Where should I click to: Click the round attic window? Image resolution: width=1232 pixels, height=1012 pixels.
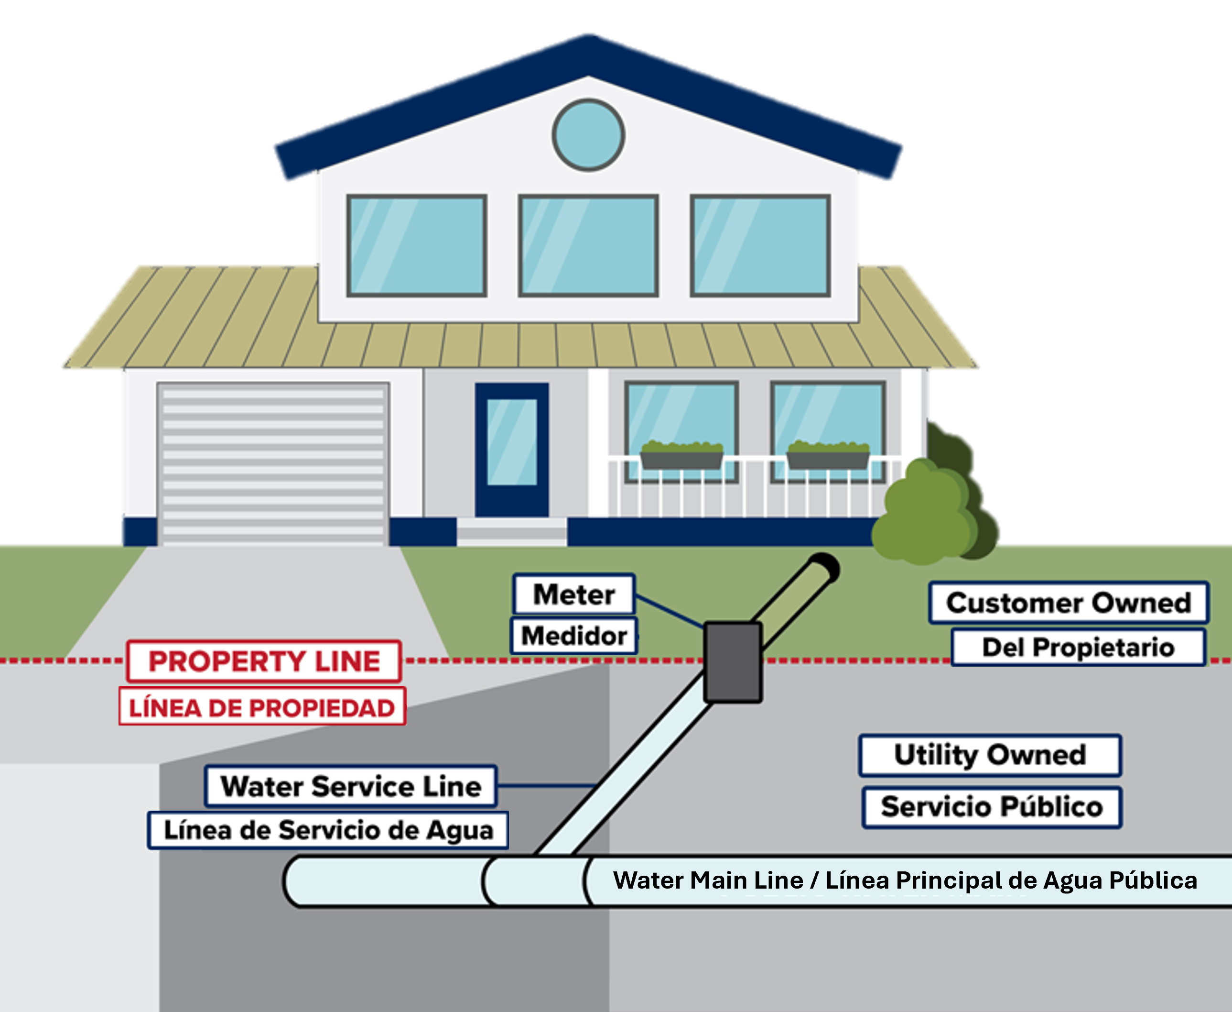588,135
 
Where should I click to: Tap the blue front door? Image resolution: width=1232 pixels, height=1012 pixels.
512,450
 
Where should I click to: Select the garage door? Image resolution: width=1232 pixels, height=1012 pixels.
273,463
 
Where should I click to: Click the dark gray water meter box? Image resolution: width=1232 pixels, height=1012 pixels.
733,661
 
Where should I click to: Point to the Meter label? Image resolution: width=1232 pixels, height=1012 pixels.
574,594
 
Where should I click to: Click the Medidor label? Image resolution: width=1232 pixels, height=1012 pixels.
574,636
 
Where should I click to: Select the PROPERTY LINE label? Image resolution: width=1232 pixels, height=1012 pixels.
264,661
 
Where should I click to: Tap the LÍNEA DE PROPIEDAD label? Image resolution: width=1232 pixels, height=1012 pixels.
262,708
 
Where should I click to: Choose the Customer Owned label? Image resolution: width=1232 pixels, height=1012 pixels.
1068,603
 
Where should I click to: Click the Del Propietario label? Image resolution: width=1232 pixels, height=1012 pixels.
1078,647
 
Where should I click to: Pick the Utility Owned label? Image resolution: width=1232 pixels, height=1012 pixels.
990,755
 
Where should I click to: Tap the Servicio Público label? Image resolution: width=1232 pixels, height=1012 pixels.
992,807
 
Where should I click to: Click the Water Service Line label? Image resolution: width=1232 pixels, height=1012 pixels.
351,786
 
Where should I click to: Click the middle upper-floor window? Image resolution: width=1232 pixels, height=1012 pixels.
588,245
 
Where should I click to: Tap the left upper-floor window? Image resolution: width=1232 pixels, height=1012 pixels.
417,245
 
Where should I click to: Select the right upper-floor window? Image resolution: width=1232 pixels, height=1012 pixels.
760,245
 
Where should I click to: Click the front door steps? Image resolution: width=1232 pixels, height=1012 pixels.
511,532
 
